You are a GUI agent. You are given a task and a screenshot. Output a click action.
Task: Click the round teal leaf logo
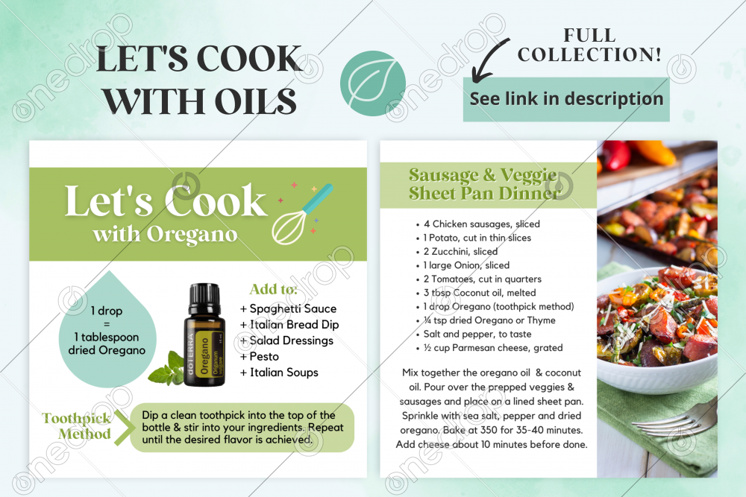(x=373, y=83)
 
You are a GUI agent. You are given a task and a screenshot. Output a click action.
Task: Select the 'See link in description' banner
(x=566, y=99)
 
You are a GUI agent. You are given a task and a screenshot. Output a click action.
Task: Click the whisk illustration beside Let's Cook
(x=301, y=215)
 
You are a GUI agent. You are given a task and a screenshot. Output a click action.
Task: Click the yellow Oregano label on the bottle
(x=204, y=355)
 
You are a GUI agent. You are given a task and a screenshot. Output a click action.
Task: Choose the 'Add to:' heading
(x=273, y=289)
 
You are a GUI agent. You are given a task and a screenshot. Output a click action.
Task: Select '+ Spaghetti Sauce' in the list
(x=288, y=308)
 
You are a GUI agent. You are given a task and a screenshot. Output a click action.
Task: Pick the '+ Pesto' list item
(x=260, y=356)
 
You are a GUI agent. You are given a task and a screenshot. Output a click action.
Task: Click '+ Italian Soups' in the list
(x=279, y=373)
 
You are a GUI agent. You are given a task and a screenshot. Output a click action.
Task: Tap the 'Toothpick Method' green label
(x=77, y=426)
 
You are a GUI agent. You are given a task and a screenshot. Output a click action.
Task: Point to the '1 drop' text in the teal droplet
(x=107, y=311)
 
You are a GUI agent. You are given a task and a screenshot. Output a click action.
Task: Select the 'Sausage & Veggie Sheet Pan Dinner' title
(x=483, y=184)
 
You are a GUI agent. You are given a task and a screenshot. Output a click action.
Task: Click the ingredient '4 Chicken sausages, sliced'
(x=481, y=224)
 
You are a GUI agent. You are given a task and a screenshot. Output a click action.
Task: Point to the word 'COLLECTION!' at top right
(x=589, y=54)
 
